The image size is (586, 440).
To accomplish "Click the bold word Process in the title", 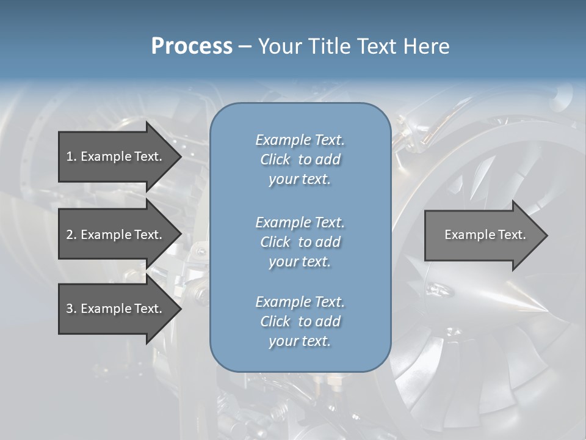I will coord(192,46).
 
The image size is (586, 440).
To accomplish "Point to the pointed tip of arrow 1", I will coord(180,156).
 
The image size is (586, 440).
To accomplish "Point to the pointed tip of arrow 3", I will coord(180,309).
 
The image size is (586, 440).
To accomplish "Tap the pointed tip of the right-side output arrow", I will coord(546,235).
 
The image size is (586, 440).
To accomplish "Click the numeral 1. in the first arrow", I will coord(71,156).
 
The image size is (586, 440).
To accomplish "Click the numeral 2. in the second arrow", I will coord(71,235).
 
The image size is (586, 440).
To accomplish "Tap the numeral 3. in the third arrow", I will coord(71,309).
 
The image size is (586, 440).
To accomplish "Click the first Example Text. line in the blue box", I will coord(300,140).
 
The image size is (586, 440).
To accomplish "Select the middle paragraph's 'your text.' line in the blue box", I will coord(300,262).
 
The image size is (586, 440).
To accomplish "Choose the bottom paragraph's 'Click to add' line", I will coord(300,321).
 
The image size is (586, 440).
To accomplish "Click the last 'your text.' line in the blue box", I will coord(300,341).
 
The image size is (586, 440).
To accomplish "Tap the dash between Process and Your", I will coord(245,46).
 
